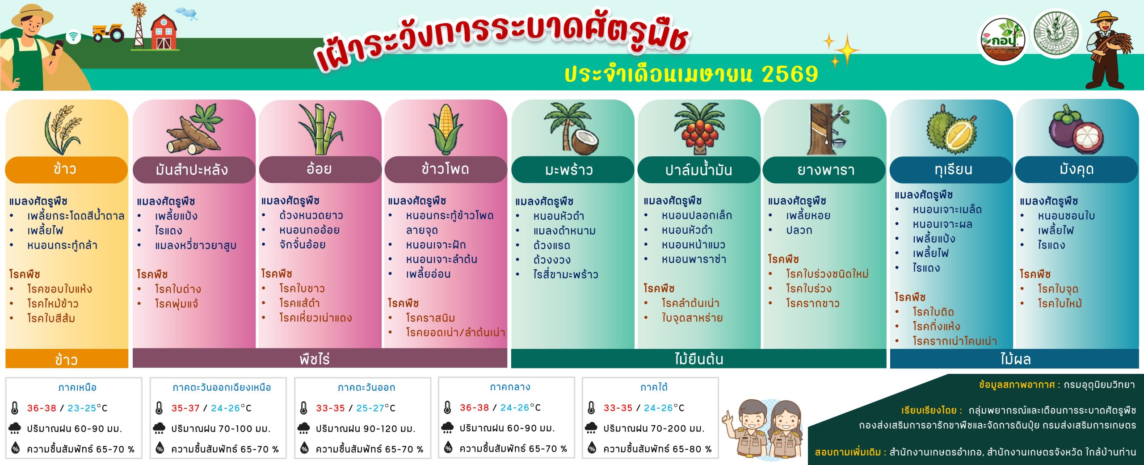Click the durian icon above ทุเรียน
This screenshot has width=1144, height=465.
point(951,130)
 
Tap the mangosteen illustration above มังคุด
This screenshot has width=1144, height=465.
point(1076,130)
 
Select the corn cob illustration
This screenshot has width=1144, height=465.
point(446,129)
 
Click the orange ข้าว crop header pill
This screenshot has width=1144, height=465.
point(66,169)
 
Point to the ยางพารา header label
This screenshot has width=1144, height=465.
point(824,170)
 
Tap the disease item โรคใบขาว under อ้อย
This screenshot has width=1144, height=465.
point(302,289)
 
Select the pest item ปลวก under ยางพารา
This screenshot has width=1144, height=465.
point(799,230)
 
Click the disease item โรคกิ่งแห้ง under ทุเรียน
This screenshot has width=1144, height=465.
point(936,327)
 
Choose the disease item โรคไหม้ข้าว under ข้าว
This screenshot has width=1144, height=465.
point(53,304)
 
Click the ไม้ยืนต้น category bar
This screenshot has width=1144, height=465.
point(698,359)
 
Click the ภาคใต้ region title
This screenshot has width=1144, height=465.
point(654,387)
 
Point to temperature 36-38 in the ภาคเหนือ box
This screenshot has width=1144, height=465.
point(42,408)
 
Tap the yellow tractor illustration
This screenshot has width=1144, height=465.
point(109,32)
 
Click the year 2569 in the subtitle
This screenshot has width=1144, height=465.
point(790,74)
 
